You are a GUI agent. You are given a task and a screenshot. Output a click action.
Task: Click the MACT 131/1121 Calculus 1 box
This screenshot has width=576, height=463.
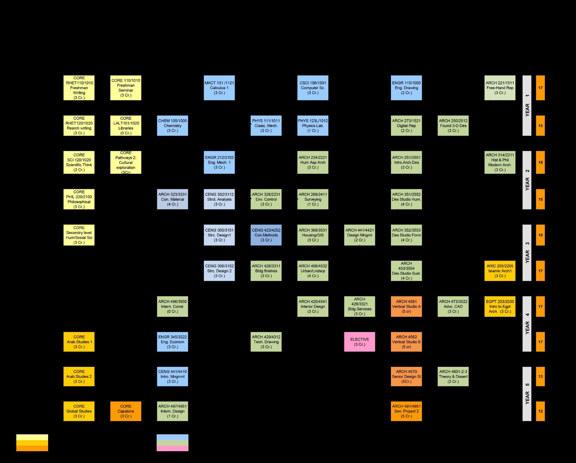[x=219, y=88]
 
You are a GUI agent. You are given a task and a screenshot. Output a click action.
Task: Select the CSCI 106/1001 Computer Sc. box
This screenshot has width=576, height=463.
[x=313, y=88]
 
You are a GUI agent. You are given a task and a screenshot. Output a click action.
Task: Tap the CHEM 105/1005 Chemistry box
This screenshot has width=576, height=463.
[x=172, y=126]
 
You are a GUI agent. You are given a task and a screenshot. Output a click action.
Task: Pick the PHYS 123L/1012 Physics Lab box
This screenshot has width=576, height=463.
[x=313, y=126]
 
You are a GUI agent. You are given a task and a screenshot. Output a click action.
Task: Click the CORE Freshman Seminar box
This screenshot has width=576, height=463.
[x=126, y=88]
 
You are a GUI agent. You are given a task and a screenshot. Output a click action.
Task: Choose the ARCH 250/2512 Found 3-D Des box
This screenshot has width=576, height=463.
[x=453, y=126]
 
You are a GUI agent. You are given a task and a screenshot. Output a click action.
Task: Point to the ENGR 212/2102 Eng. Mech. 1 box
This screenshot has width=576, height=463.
[x=219, y=162]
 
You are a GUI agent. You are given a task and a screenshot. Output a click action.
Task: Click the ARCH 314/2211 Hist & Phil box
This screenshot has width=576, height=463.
[x=500, y=162]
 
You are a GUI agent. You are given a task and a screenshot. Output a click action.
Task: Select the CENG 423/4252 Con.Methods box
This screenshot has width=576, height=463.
[x=266, y=235]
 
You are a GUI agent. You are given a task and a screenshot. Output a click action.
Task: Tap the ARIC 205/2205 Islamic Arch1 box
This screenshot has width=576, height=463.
[x=500, y=271]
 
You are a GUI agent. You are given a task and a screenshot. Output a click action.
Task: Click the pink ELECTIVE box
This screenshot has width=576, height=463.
[x=359, y=342]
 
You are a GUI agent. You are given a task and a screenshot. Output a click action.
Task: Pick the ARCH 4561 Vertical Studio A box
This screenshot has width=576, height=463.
[x=406, y=306]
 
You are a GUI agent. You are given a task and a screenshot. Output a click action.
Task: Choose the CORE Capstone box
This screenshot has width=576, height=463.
[x=126, y=411]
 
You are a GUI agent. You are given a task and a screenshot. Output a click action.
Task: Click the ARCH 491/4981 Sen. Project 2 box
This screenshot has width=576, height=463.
[x=406, y=411]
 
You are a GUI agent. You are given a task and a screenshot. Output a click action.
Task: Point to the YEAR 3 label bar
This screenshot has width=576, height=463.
[x=527, y=253]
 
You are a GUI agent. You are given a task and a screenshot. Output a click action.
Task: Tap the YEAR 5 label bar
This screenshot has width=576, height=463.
[x=527, y=394]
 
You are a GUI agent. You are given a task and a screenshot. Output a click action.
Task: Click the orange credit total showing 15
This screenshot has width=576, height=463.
[x=540, y=126]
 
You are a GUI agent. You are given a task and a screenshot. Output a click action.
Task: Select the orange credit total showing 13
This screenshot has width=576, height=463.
[x=540, y=376]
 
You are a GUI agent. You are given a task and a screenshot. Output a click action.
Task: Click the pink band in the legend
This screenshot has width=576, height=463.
[x=172, y=448]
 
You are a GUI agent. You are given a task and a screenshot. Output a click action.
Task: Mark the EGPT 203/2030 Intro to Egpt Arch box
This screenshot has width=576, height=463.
[x=500, y=306]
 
